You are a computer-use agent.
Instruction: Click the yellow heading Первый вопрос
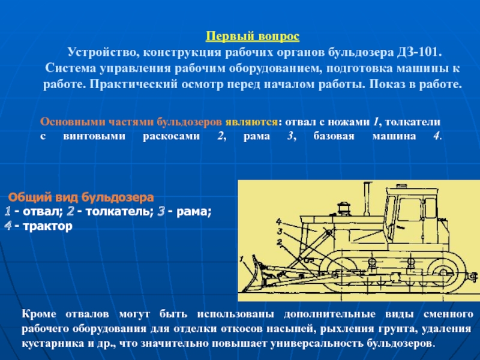click(x=253, y=37)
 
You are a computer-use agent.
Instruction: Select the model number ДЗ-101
click(x=419, y=52)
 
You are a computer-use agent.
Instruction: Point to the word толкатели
click(x=413, y=122)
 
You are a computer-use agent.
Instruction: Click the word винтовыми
click(x=94, y=136)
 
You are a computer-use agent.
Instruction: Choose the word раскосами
click(x=172, y=136)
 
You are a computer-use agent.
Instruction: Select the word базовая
click(x=334, y=136)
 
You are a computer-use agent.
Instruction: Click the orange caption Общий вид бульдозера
click(x=81, y=197)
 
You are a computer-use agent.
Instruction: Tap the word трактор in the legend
click(x=47, y=226)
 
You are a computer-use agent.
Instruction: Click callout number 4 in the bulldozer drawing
click(x=278, y=221)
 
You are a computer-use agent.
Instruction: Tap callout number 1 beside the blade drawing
click(x=242, y=260)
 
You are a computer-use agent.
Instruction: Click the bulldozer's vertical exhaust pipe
click(x=367, y=199)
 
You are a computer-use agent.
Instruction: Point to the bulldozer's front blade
click(x=254, y=272)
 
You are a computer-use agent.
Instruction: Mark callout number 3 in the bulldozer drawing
click(x=280, y=231)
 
